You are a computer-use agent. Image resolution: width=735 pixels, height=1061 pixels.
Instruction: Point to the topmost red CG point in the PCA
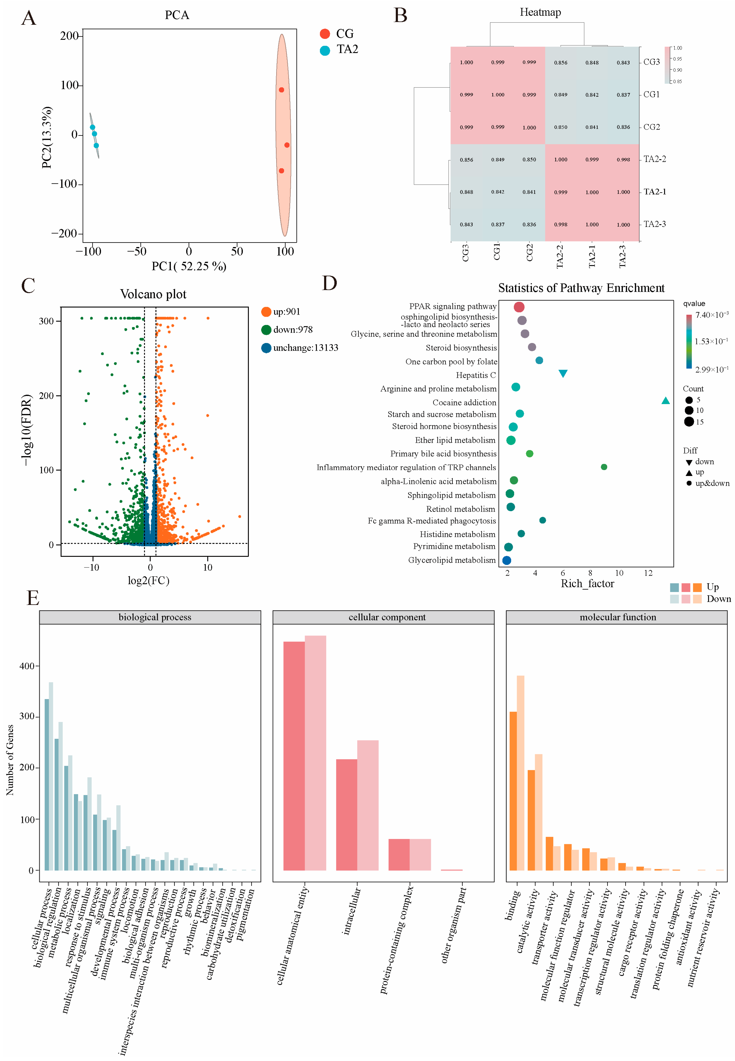(281, 90)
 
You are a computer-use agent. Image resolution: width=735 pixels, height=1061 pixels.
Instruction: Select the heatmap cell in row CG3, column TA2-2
(560, 63)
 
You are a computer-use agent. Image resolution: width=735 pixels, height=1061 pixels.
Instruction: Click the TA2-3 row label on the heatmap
(654, 224)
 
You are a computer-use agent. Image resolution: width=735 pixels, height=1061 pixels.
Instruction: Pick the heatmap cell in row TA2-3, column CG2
(529, 225)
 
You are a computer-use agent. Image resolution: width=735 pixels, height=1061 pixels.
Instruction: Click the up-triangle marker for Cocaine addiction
(665, 400)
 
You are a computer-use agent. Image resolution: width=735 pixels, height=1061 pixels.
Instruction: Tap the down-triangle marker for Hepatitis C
(563, 373)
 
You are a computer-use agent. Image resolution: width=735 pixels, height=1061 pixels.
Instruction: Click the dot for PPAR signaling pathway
(519, 307)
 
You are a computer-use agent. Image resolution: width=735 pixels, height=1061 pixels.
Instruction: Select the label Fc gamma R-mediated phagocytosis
(432, 521)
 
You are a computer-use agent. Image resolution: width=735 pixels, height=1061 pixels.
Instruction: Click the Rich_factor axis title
(587, 584)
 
